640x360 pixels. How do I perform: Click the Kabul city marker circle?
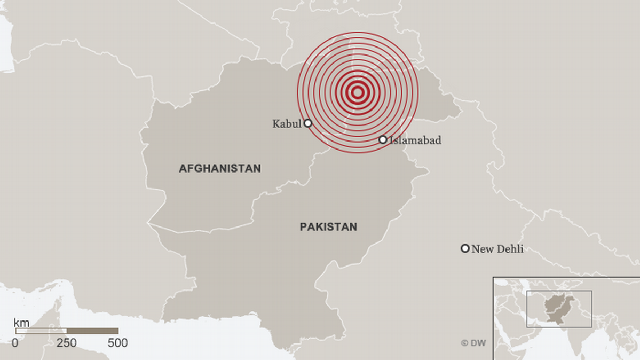(307, 123)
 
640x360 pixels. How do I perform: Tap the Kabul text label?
(287, 124)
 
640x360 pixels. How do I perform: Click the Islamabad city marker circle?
(383, 140)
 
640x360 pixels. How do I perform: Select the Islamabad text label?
(415, 140)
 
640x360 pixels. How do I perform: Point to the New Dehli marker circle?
(465, 248)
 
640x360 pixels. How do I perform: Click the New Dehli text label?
(497, 249)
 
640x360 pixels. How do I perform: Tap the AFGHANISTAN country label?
(220, 169)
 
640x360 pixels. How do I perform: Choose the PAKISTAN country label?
(328, 227)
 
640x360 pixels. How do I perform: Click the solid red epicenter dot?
(358, 92)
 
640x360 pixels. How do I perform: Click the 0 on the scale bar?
(15, 343)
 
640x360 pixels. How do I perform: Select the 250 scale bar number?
(67, 343)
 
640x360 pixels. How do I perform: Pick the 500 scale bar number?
(117, 343)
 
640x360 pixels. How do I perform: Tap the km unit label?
(21, 323)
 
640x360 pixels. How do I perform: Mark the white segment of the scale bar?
(41, 331)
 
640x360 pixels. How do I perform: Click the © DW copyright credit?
(473, 343)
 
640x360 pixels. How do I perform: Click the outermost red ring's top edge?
(358, 32)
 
